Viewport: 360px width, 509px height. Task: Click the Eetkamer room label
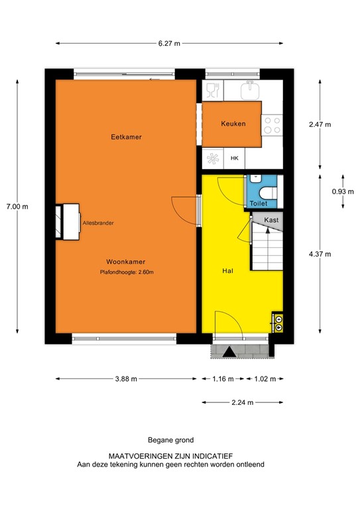click(127, 137)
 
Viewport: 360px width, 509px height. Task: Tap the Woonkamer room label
click(128, 261)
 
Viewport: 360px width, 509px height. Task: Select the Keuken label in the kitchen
click(233, 123)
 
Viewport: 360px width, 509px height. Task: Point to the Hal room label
click(227, 271)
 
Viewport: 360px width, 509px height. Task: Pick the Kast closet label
click(270, 220)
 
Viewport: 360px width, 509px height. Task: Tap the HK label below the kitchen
click(234, 159)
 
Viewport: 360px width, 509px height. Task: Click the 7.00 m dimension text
click(17, 206)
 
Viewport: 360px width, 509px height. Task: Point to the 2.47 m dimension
click(321, 124)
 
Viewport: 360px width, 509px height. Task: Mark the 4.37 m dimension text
click(321, 254)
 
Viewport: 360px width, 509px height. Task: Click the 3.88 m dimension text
click(126, 379)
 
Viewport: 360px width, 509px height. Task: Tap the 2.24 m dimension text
click(242, 402)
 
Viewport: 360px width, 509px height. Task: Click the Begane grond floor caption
click(170, 439)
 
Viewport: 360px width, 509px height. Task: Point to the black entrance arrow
click(229, 352)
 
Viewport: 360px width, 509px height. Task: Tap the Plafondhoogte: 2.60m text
click(127, 272)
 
